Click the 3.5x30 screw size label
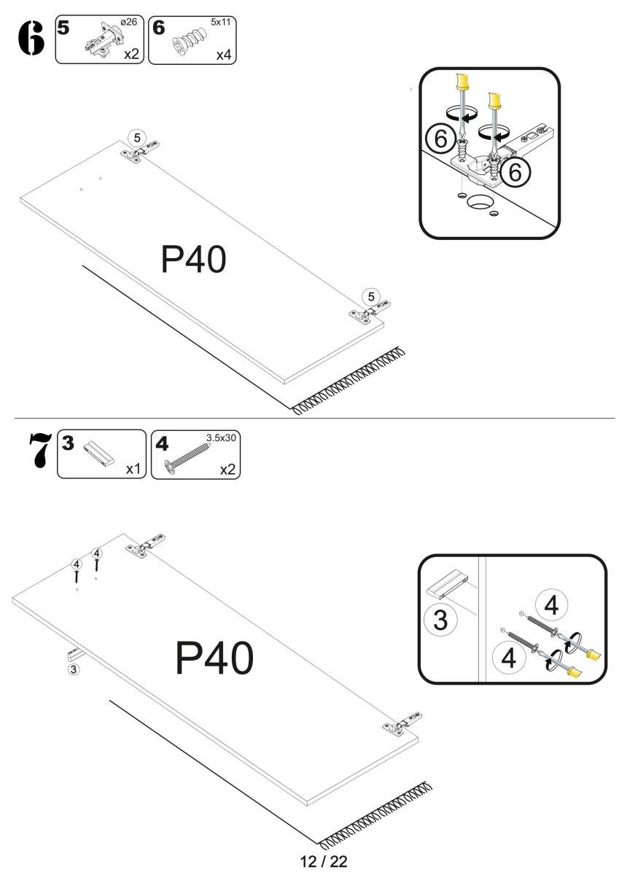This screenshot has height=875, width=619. pos(222,439)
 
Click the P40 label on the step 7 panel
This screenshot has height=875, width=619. pos(214,659)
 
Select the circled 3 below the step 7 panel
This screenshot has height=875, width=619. pos(73,668)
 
